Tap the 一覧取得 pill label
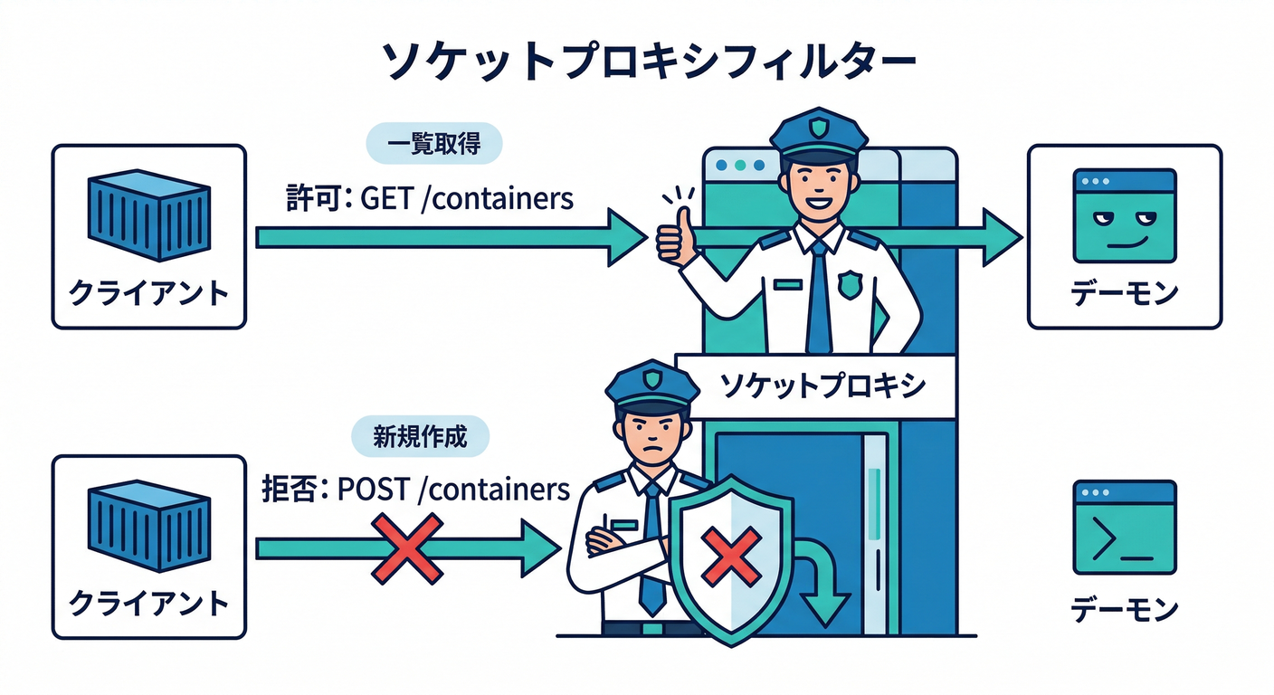pyautogui.click(x=433, y=144)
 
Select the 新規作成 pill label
pyautogui.click(x=420, y=438)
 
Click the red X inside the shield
pyautogui.click(x=734, y=557)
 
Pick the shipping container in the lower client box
pyautogui.click(x=149, y=528)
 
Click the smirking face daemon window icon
pyautogui.click(x=1124, y=216)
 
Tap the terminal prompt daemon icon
pyautogui.click(x=1124, y=528)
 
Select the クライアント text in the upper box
pyautogui.click(x=149, y=294)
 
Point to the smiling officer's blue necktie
pyautogui.click(x=819, y=294)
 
